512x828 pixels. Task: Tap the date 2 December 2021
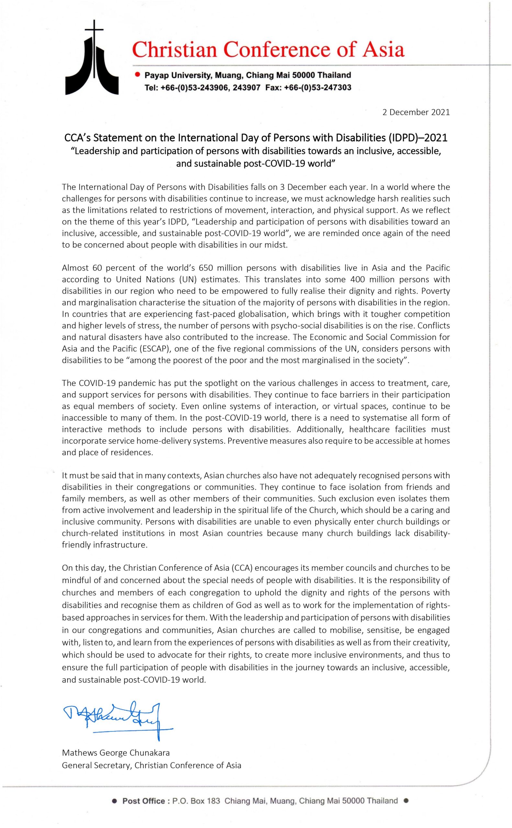(416, 112)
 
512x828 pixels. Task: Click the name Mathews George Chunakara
(116, 753)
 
